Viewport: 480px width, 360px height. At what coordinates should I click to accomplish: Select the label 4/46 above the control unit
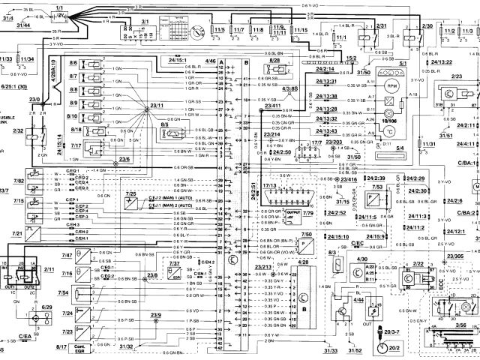point(211,59)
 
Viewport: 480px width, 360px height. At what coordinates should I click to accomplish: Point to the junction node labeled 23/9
point(155,319)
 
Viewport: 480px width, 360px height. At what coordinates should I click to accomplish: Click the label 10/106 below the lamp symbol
point(388,120)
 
